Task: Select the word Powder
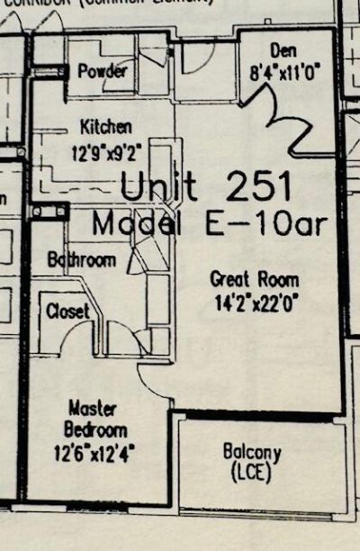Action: pyautogui.click(x=103, y=71)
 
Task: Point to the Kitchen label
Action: pyautogui.click(x=106, y=126)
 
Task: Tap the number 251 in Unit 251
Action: pyautogui.click(x=260, y=186)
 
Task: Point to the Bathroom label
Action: pyautogui.click(x=82, y=260)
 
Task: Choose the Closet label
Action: pyautogui.click(x=68, y=311)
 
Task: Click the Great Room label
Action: pyautogui.click(x=255, y=278)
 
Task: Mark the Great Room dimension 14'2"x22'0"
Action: pyautogui.click(x=255, y=304)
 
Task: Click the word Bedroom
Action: pyautogui.click(x=94, y=429)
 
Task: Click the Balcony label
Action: pyautogui.click(x=251, y=452)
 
